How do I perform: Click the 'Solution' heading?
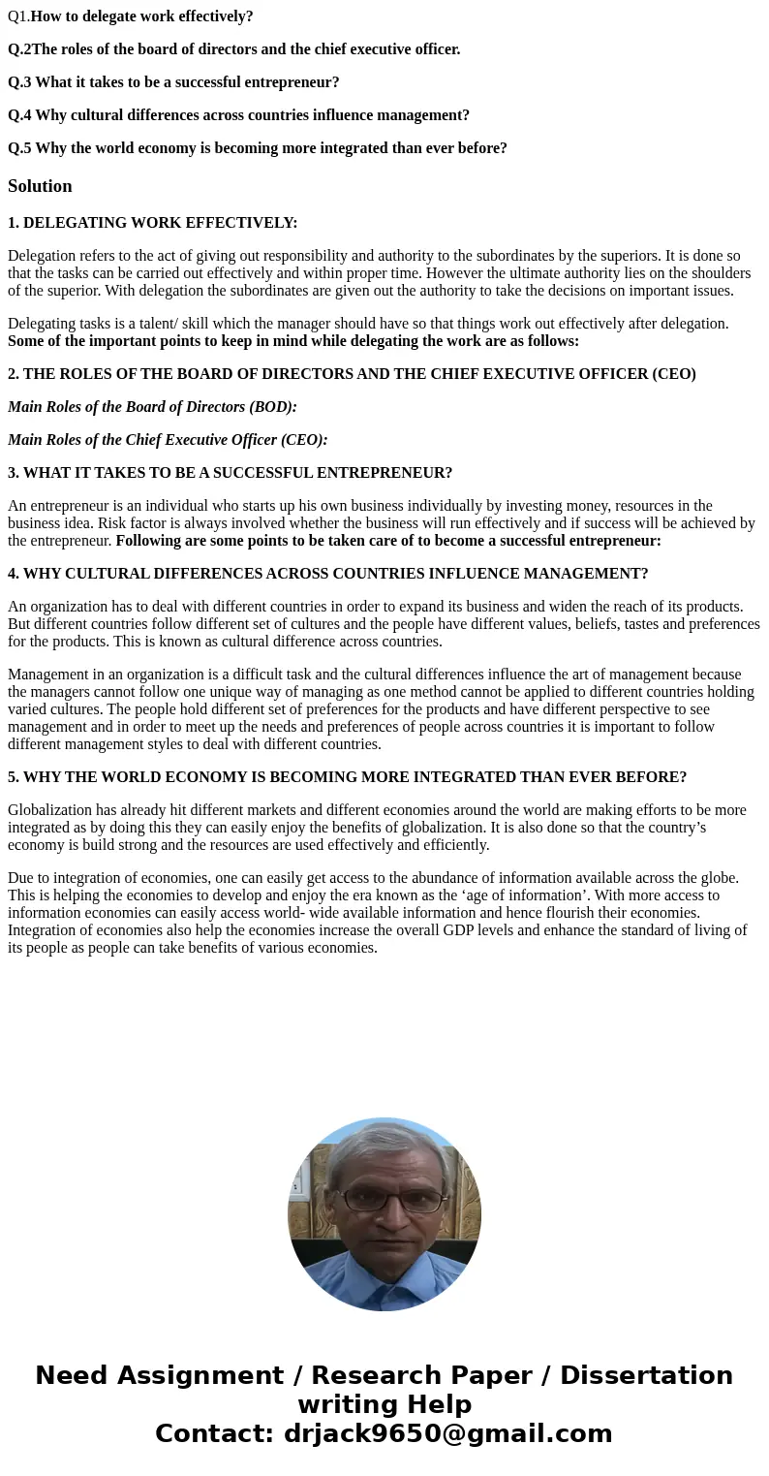pyautogui.click(x=40, y=186)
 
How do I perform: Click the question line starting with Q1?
pyautogui.click(x=131, y=16)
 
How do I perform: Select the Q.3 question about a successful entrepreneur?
pyautogui.click(x=174, y=82)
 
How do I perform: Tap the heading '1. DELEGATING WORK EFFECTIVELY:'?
pyautogui.click(x=153, y=223)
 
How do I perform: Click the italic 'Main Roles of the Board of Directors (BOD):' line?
pyautogui.click(x=153, y=407)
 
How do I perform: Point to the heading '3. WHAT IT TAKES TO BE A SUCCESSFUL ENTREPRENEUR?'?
pyautogui.click(x=231, y=473)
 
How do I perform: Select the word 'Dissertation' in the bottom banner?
pyautogui.click(x=646, y=1375)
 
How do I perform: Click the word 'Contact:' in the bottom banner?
pyautogui.click(x=214, y=1433)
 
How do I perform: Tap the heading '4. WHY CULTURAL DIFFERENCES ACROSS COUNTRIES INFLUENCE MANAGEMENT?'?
pyautogui.click(x=328, y=574)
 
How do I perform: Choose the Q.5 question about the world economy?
pyautogui.click(x=258, y=148)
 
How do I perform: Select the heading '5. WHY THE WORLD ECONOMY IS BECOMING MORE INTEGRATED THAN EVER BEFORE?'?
pyautogui.click(x=348, y=777)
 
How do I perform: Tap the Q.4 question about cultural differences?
pyautogui.click(x=239, y=115)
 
